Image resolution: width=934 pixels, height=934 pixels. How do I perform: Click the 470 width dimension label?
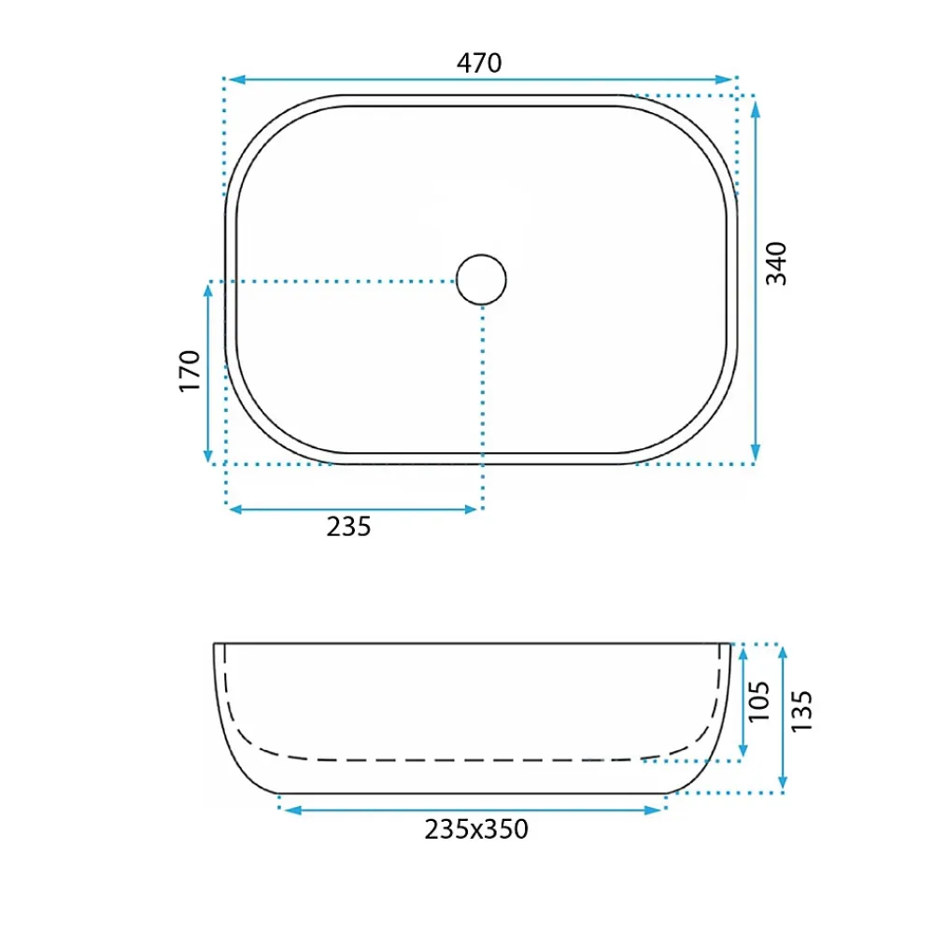479,63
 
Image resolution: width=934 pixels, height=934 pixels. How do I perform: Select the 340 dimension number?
776,263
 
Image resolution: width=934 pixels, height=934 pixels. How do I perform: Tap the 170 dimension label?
190,371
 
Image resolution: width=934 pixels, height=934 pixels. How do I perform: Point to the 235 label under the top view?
348,527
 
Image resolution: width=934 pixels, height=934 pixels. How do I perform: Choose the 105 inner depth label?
758,701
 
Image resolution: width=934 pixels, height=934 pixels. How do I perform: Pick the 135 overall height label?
801,711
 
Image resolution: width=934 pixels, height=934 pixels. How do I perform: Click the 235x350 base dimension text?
476,829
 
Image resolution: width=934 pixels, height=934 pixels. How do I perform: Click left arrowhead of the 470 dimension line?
237,79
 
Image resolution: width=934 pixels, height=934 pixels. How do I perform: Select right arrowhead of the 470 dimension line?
725,79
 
